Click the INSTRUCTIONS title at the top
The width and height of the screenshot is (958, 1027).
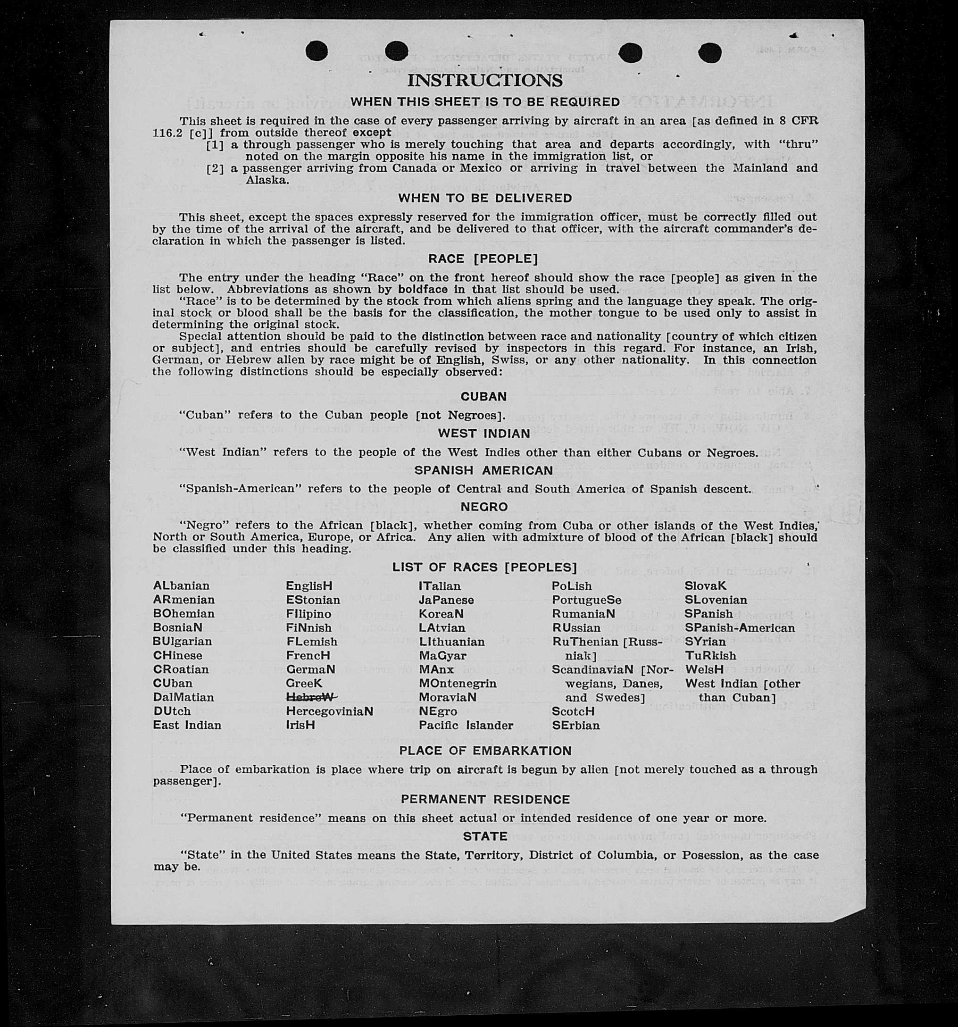pos(484,81)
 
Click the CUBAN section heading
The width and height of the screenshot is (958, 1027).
pos(483,396)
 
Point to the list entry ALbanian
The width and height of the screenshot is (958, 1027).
pos(181,586)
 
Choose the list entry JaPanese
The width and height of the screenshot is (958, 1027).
pos(446,600)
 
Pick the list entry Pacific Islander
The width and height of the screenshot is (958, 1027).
pos(466,725)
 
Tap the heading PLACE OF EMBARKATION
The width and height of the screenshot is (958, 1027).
pos(485,751)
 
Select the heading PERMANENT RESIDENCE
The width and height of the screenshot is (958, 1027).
pos(485,799)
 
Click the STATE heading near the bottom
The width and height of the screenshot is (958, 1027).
pos(485,836)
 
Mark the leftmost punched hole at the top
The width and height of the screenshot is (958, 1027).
pos(317,51)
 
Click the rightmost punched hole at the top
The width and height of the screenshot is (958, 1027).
pos(709,52)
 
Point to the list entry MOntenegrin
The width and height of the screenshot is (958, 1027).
pos(458,684)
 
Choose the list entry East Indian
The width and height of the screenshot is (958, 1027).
pos(187,725)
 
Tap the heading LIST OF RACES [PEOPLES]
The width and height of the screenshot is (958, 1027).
pos(484,567)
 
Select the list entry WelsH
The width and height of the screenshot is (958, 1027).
pos(704,669)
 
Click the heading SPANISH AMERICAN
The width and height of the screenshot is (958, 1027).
pos(483,470)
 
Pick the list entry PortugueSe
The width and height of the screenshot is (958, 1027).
pos(586,600)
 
